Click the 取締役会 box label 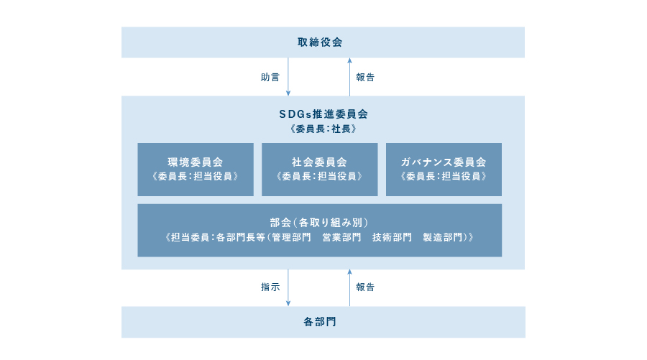320,42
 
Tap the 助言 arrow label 270,77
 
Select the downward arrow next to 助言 288,77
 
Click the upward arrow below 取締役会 349,77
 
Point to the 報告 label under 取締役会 365,77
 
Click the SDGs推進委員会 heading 323,114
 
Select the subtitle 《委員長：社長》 323,129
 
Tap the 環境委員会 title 195,162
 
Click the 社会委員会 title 319,162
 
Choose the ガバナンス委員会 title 444,162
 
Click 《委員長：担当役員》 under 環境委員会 195,176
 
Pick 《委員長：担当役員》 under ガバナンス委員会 444,176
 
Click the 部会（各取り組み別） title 319,223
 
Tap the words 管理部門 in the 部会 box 291,237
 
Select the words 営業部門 341,237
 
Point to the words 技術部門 392,237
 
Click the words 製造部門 443,237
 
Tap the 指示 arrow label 270,287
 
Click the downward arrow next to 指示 288,288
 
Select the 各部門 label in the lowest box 320,322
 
